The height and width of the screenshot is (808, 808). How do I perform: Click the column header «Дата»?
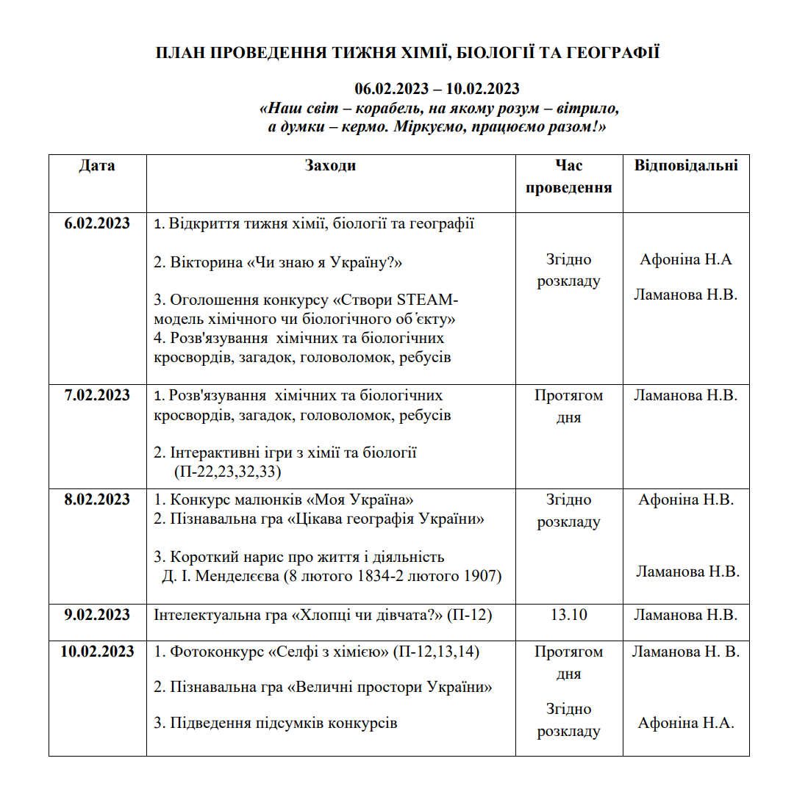(x=97, y=165)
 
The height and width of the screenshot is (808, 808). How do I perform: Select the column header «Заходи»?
(x=330, y=165)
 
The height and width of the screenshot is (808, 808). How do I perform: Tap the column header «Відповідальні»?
(x=686, y=165)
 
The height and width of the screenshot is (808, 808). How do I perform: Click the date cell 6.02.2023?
(x=97, y=223)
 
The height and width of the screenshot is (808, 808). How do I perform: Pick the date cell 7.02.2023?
(x=97, y=395)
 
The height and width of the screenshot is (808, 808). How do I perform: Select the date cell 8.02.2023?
(x=97, y=499)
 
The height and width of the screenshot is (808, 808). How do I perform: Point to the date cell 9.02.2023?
(x=97, y=615)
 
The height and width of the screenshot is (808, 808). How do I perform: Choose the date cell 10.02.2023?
(x=97, y=652)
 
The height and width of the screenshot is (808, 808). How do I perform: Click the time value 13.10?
(x=568, y=615)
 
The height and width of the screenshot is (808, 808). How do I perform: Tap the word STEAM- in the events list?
(x=427, y=300)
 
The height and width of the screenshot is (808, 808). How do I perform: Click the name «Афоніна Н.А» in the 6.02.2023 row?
(x=685, y=259)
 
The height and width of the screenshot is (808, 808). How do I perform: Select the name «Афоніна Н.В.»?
(x=685, y=499)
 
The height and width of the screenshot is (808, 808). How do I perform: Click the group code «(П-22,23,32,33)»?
(x=228, y=472)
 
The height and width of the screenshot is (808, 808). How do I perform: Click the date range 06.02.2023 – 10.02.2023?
(x=437, y=89)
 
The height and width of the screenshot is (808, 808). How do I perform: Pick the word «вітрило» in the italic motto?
(x=587, y=108)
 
